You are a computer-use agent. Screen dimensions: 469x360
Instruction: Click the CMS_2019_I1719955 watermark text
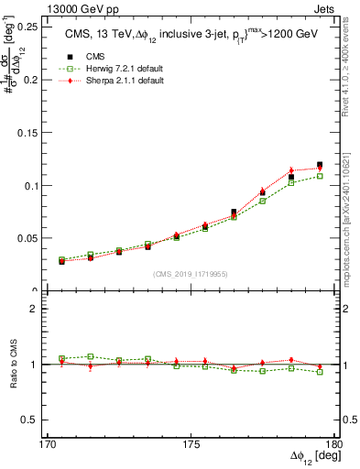(191, 274)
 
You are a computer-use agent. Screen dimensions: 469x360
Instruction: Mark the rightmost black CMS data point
(320, 165)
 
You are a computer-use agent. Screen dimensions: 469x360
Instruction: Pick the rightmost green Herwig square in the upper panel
(320, 176)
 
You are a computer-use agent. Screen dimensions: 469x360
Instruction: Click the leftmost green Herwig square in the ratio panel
(62, 358)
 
